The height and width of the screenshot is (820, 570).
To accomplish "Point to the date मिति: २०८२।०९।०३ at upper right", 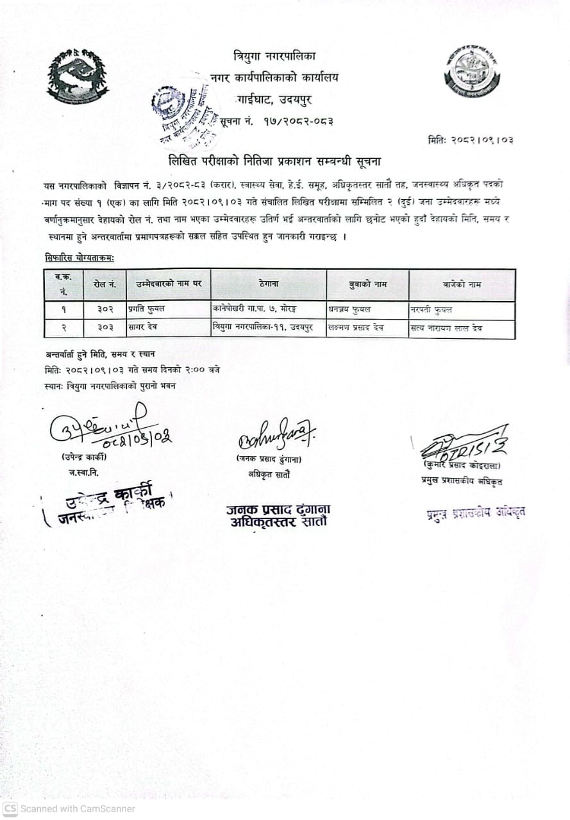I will coord(471,140).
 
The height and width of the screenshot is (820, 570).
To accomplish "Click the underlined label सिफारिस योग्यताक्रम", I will coord(80,258).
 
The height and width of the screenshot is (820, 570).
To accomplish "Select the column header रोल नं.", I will coord(105,284).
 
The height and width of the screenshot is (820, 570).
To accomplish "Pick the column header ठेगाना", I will coord(269,284).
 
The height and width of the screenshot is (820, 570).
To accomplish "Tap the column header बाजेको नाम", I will coord(462,284).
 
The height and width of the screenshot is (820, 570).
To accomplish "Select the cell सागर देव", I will coord(142,328).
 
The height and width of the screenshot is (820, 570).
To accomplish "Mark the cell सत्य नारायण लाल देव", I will coord(446,328).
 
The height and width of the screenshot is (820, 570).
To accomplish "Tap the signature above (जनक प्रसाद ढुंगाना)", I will coord(269,438).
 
